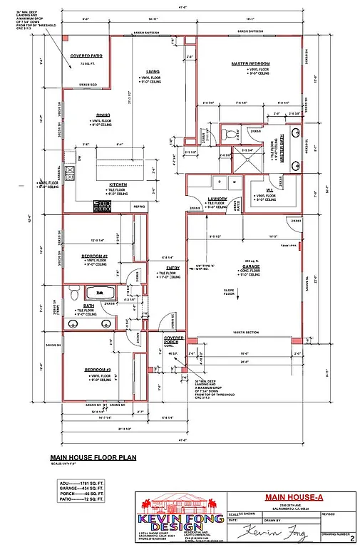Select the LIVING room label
tap(153, 72)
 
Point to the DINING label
tap(103, 115)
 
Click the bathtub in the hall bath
tap(101, 292)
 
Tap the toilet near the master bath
tap(229, 133)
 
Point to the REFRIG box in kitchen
tap(140, 207)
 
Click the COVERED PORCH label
tap(174, 340)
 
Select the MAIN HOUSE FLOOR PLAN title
tap(93, 459)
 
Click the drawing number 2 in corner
tap(352, 541)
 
